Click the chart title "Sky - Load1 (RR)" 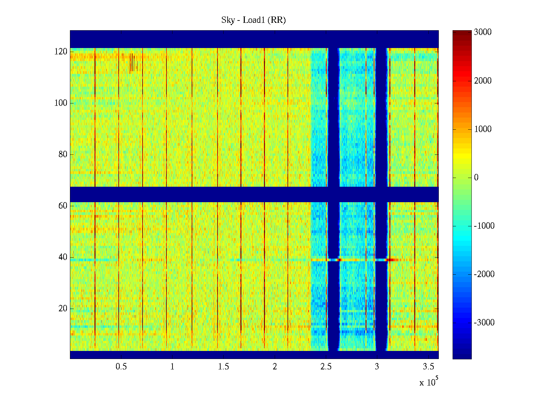(254, 20)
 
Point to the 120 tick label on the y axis (61, 52)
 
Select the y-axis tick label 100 (61, 103)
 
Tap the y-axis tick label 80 (63, 154)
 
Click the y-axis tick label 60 (63, 206)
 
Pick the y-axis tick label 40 (63, 257)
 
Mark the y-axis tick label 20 (63, 309)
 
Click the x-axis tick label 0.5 (121, 367)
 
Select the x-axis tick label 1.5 (224, 367)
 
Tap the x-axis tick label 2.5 (326, 367)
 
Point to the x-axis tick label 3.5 (428, 367)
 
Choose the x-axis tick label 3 (377, 367)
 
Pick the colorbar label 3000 (483, 32)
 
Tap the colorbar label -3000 (484, 323)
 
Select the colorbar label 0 (476, 178)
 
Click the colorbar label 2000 (483, 81)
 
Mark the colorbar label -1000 (484, 226)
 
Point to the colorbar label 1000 (483, 129)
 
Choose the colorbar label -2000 (484, 274)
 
